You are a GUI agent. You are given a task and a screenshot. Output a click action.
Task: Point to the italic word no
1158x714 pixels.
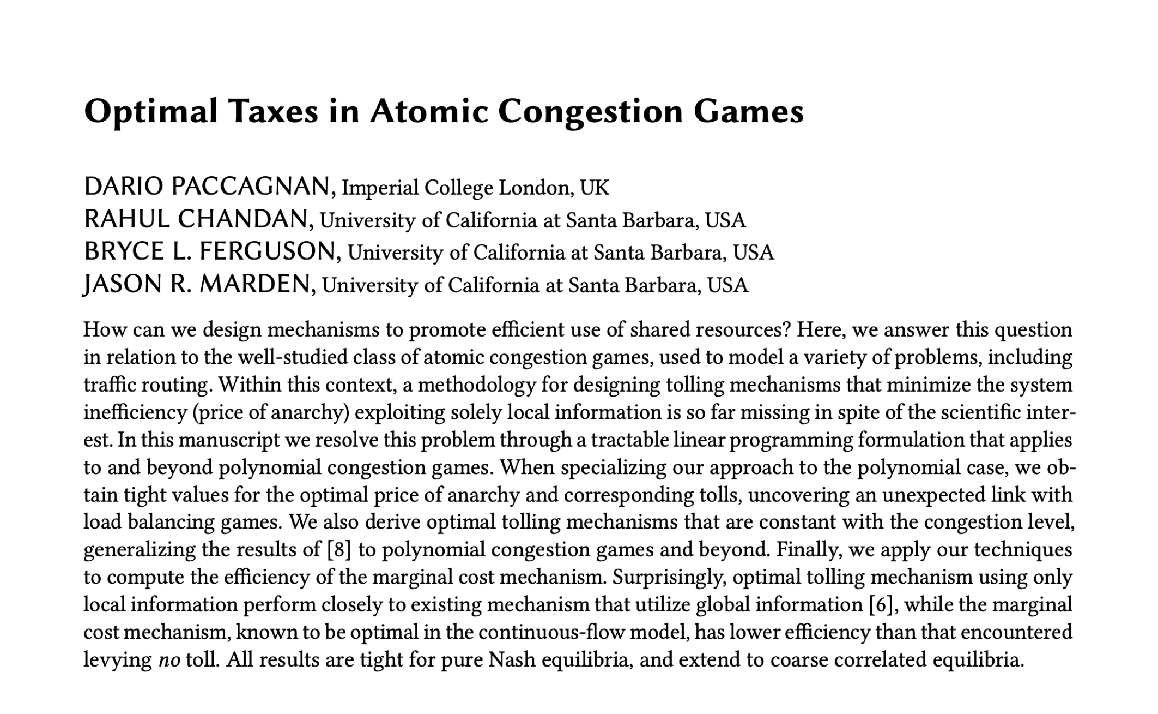click(x=169, y=661)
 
